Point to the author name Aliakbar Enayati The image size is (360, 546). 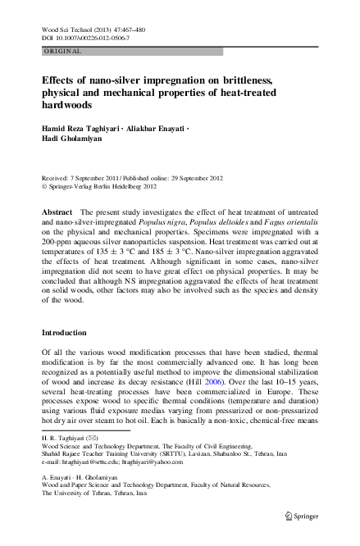tap(161, 130)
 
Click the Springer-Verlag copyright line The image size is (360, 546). tap(103, 186)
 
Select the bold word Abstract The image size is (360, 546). tap(57, 212)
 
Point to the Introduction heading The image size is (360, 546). tap(70, 333)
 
